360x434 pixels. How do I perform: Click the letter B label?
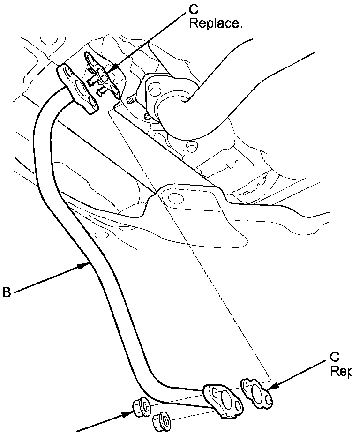[6, 292]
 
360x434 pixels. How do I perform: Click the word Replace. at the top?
[216, 23]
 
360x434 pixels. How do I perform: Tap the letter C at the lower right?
[335, 358]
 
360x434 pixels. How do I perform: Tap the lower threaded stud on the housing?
[147, 115]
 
